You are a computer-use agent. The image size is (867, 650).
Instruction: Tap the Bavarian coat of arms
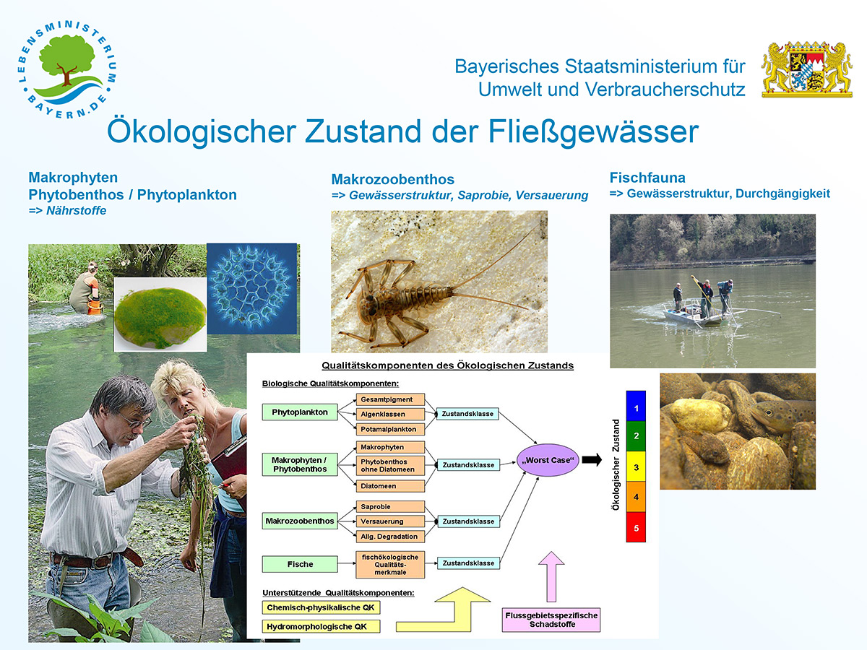[806, 69]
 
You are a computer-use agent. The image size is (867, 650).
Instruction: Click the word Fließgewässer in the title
[593, 132]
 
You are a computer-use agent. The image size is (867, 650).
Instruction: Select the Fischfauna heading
[647, 178]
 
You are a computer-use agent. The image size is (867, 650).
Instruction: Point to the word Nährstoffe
[77, 211]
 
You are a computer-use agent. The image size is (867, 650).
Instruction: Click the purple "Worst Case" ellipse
[548, 460]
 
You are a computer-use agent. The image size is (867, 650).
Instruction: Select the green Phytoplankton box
[300, 412]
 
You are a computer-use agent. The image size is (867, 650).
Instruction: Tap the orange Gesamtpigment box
[390, 399]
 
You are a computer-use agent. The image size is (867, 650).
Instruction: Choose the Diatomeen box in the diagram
[390, 486]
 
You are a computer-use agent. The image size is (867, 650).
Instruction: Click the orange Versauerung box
[390, 521]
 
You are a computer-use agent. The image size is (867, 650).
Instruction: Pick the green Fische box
[300, 564]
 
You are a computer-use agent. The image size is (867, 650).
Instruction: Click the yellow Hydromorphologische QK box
[321, 626]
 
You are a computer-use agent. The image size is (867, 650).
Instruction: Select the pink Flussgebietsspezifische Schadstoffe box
[551, 620]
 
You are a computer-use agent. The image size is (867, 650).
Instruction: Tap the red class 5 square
[636, 527]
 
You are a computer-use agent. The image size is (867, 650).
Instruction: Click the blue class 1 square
[636, 406]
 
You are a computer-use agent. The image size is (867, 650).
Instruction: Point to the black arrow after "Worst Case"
[592, 459]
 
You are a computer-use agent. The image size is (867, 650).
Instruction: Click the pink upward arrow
[551, 576]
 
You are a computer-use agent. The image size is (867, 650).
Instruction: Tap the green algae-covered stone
[160, 317]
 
